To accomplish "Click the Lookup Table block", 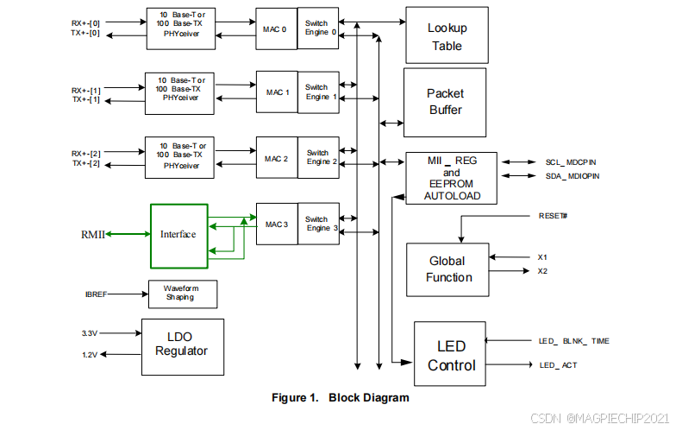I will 446,37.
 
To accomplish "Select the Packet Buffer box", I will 445,102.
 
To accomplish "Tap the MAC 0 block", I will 276,29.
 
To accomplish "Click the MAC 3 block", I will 276,224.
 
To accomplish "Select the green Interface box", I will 178,235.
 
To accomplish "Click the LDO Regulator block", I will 182,346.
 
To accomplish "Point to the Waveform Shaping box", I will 182,294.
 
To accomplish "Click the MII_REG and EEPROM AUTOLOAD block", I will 452,178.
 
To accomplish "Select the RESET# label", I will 552,215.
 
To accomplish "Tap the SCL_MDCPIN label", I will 571,161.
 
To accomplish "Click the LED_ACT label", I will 558,365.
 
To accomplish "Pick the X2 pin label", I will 543,271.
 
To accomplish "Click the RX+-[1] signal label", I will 86,89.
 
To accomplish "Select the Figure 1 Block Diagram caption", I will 341,398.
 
